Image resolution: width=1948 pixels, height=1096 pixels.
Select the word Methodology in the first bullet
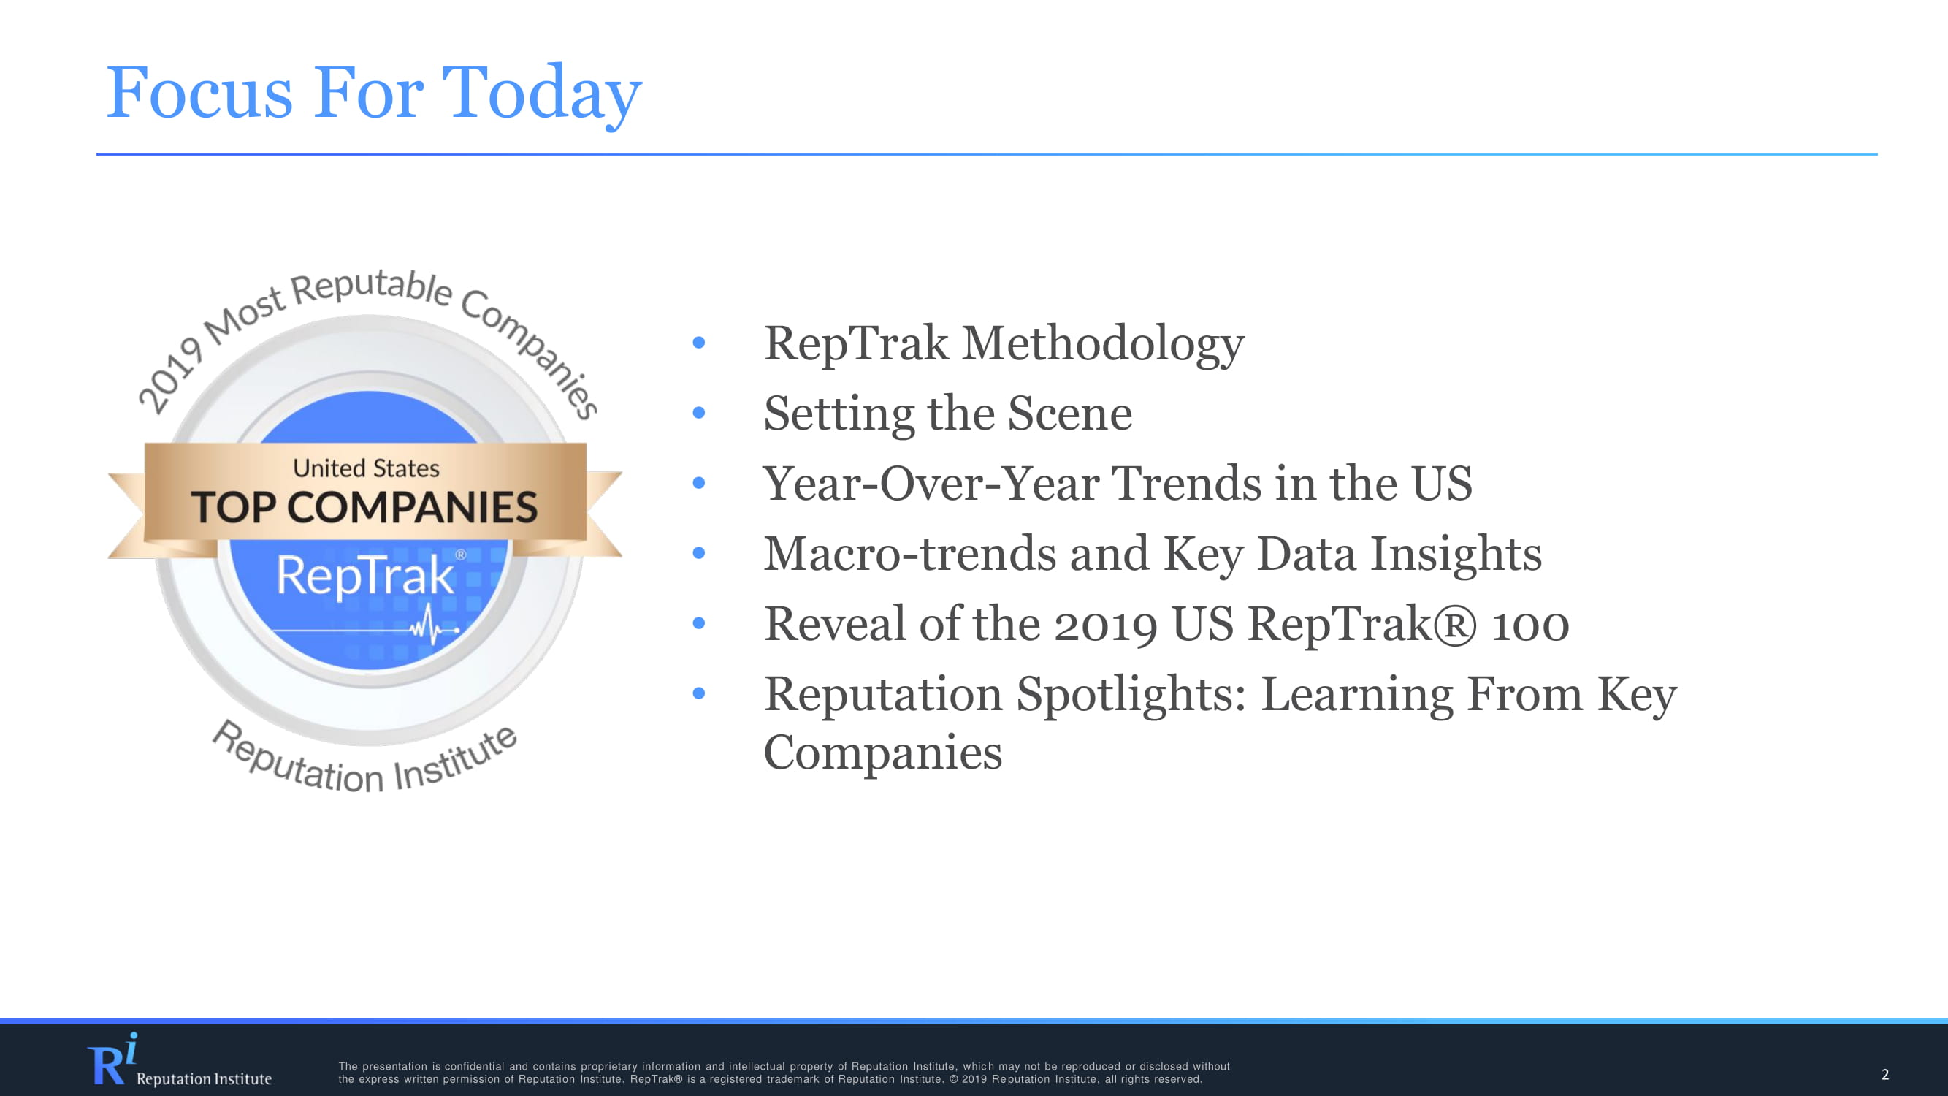(1103, 345)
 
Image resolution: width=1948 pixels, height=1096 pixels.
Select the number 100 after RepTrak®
(1529, 625)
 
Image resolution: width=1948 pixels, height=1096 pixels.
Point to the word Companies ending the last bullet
(883, 753)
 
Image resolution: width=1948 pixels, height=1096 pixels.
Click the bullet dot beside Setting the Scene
(699, 413)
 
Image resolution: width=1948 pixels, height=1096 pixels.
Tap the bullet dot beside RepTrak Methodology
(699, 343)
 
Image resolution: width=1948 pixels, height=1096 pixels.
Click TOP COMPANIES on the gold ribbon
(364, 507)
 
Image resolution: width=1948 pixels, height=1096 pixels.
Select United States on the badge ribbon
(366, 468)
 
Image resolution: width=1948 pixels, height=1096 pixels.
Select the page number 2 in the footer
(1885, 1074)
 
